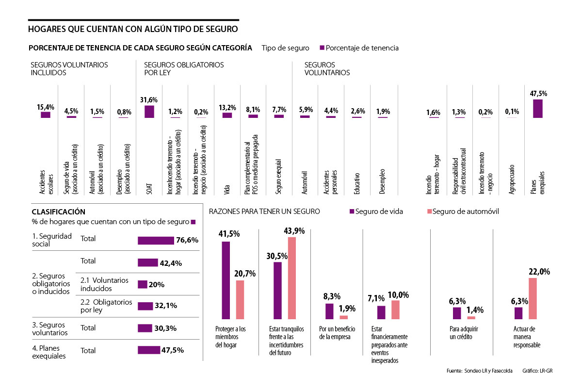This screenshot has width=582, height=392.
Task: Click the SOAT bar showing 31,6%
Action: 149,111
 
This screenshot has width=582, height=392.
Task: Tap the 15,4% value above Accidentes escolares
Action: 46,107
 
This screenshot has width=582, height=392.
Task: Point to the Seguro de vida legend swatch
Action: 352,212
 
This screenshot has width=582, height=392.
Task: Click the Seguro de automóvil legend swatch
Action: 428,212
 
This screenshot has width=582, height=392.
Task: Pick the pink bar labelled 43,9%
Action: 292,278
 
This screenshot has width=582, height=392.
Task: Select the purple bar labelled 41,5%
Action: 226,280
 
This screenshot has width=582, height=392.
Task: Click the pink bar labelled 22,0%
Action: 533,298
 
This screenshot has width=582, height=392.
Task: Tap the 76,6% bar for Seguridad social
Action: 156,240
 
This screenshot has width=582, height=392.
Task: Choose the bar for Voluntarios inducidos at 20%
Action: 142,285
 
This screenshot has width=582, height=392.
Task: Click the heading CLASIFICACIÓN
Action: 58,212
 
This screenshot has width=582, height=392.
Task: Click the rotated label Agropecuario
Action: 512,180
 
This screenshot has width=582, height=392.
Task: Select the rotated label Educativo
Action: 356,183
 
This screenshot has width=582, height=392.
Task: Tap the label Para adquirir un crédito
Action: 459,333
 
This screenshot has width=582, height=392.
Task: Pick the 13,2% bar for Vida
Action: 227,115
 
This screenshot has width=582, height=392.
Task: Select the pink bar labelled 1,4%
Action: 471,317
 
